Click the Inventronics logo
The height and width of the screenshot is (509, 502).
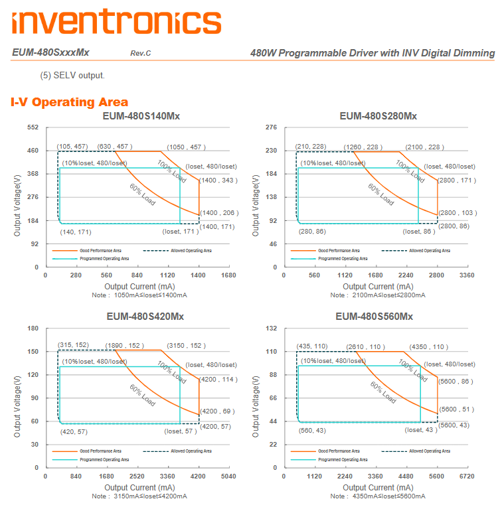click(x=116, y=21)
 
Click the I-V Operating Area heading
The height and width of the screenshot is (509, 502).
click(x=69, y=102)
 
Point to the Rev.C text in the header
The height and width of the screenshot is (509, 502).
click(x=140, y=53)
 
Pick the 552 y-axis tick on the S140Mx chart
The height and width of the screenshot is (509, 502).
click(x=33, y=127)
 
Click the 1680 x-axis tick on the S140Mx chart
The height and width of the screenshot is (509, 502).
click(x=228, y=275)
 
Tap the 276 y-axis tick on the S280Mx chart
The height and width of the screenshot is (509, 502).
click(x=271, y=127)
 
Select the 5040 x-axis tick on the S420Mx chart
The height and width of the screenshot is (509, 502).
click(x=228, y=476)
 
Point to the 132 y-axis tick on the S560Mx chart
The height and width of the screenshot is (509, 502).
click(x=271, y=328)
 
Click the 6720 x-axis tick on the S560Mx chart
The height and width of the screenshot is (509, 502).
click(x=467, y=476)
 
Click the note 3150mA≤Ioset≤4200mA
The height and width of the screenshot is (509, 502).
click(x=139, y=496)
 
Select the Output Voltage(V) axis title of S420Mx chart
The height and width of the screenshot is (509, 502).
click(x=17, y=397)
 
